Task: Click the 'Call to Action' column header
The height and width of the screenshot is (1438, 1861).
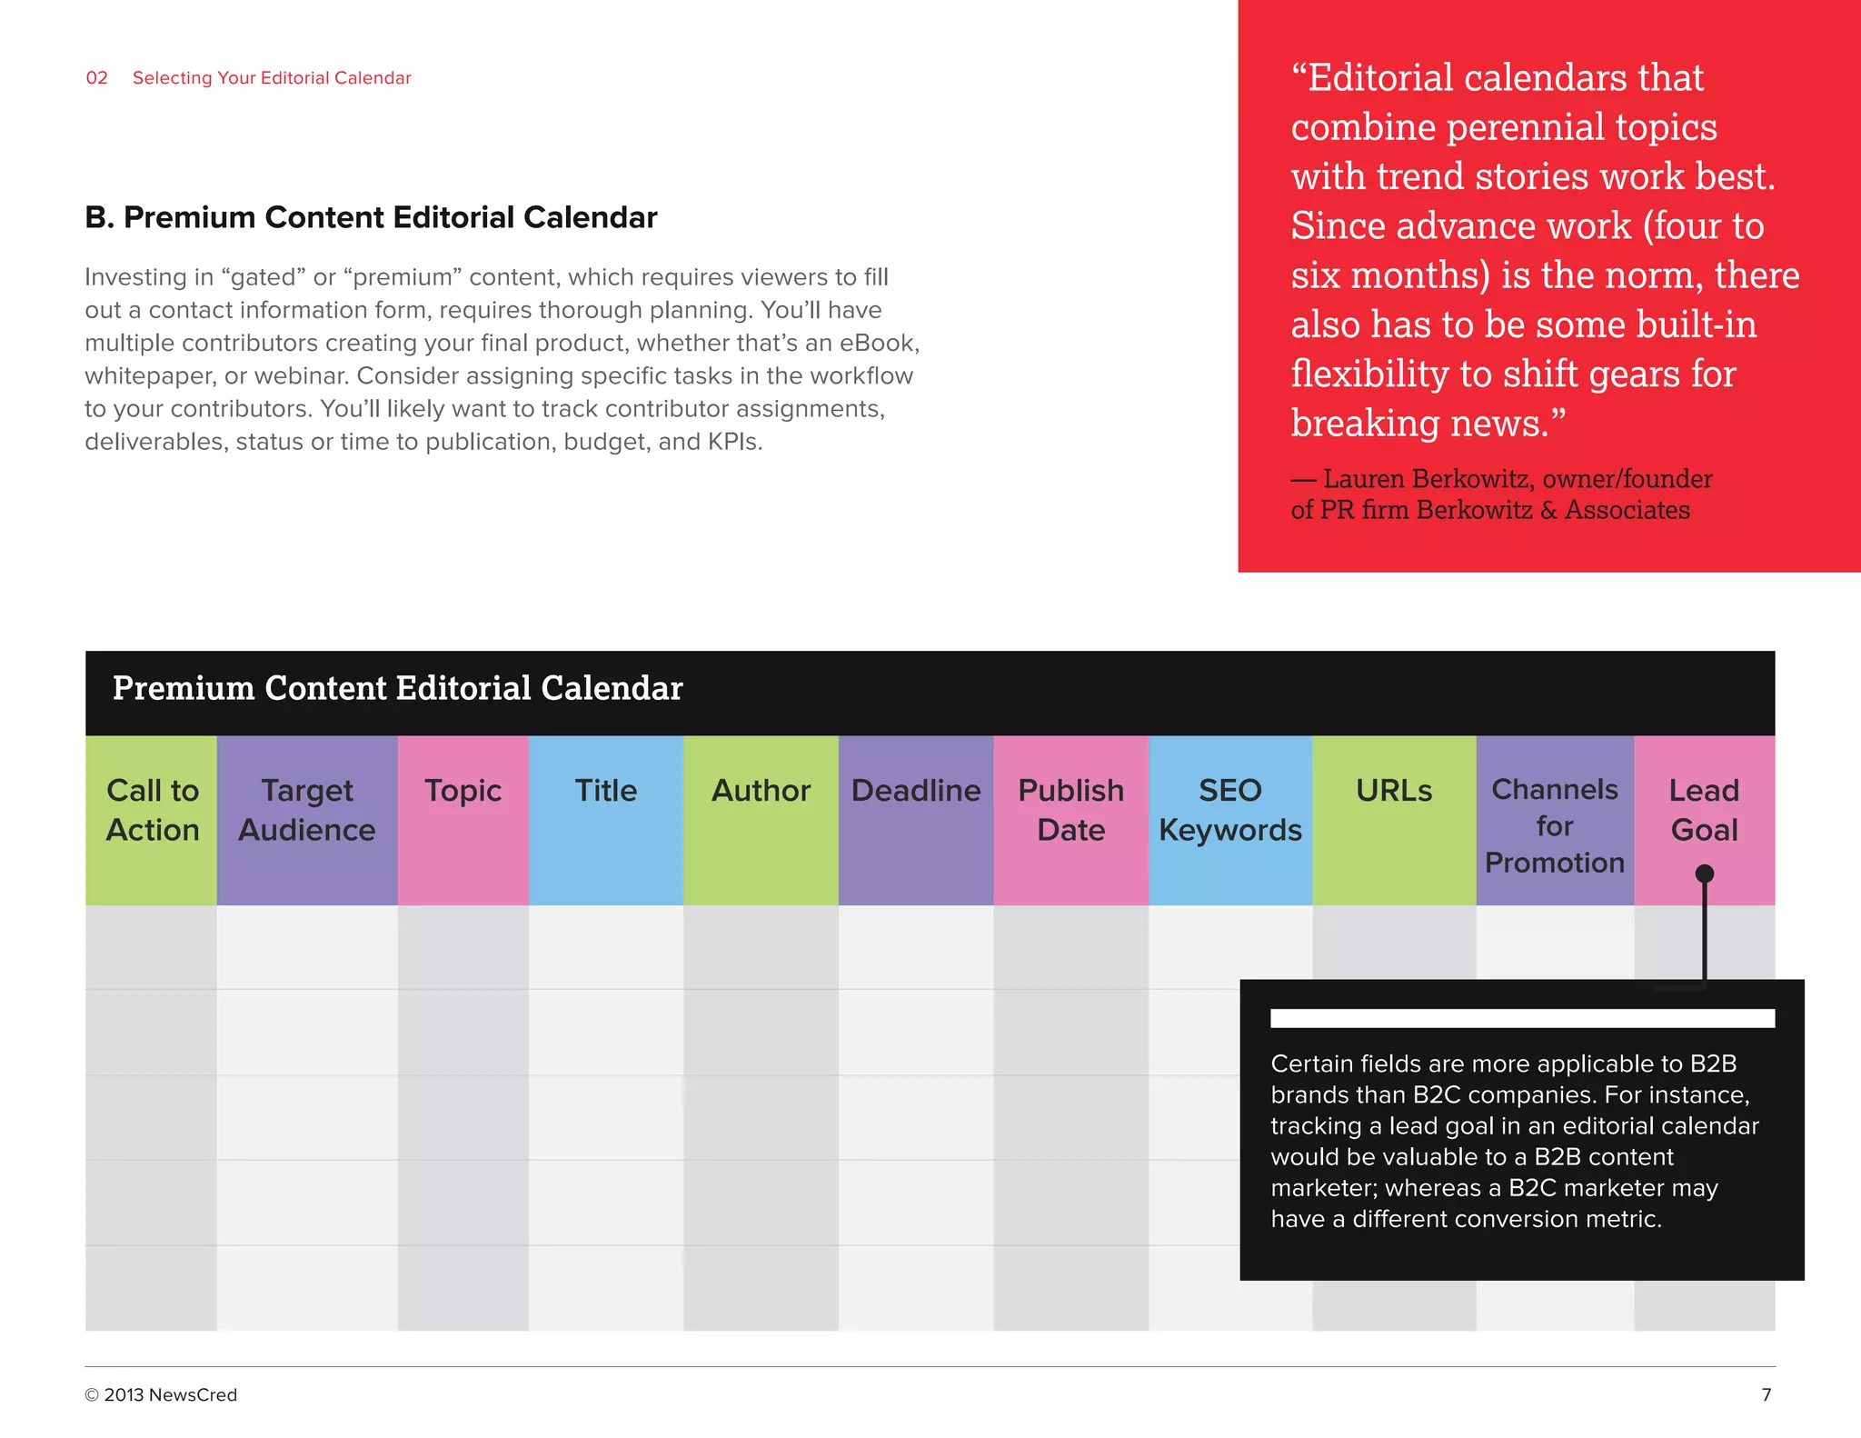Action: tap(152, 811)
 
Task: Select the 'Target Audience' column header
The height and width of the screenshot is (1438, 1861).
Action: tap(307, 811)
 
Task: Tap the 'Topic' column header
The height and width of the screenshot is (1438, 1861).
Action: tap(463, 791)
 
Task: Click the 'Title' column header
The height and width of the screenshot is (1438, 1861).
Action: tap(605, 791)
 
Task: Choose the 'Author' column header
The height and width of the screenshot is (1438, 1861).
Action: tap(761, 791)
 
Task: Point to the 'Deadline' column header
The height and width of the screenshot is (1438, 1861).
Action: tap(916, 791)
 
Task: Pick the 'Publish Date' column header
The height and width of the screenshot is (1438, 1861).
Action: tap(1070, 811)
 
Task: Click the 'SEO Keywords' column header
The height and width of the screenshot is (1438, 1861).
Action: tap(1230, 811)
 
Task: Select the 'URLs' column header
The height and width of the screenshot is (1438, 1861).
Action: tap(1394, 791)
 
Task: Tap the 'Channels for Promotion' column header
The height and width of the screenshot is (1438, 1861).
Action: tap(1555, 825)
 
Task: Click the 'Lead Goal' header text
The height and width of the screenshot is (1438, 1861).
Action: tap(1704, 809)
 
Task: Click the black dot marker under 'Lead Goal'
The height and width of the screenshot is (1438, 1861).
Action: tap(1705, 874)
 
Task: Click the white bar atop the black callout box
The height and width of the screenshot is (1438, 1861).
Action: tap(1522, 1018)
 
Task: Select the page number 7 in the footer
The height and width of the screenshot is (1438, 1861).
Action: tap(1766, 1394)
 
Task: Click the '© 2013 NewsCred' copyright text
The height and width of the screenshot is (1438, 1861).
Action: tap(161, 1394)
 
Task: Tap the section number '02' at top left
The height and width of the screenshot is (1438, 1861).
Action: tap(96, 78)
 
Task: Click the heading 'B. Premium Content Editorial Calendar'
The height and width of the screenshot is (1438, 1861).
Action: tap(371, 218)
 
